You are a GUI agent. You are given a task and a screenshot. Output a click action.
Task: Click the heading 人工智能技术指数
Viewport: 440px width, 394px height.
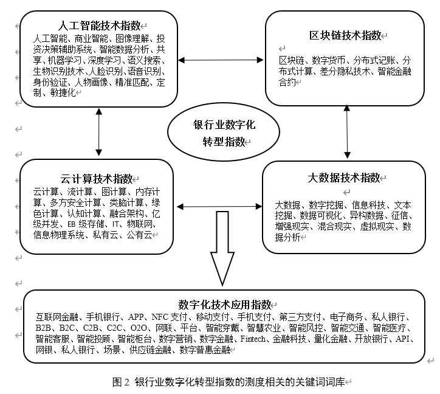[x=99, y=26]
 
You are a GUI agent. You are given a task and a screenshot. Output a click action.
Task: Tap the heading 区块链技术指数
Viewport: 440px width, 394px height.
[x=345, y=36]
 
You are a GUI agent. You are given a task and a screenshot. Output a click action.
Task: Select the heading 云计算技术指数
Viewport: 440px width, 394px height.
[x=96, y=179]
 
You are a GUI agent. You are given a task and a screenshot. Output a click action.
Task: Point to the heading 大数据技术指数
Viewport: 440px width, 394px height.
[x=344, y=178]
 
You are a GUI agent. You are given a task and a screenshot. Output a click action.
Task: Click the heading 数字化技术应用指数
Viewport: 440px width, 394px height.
[x=225, y=305]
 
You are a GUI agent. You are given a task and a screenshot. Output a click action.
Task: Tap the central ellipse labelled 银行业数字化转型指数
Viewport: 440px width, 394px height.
[x=224, y=132]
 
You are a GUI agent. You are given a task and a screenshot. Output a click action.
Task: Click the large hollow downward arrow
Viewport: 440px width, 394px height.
[x=222, y=249]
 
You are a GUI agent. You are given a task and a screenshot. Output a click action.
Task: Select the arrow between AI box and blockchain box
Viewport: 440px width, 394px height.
[x=221, y=60]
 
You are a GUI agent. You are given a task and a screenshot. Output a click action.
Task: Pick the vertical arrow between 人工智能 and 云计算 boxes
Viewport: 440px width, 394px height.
[x=99, y=132]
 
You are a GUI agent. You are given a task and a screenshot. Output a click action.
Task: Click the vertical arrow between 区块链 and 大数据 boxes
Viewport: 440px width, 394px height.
[x=347, y=131]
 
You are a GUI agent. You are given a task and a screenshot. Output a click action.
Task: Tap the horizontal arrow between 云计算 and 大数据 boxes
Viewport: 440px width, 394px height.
[x=219, y=207]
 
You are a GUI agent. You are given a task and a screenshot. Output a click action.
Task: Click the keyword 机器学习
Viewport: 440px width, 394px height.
[x=64, y=60]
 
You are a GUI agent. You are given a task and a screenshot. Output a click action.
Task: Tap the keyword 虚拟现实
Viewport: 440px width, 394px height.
[x=377, y=226]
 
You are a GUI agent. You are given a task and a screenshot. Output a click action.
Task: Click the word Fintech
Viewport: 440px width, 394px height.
[x=253, y=339]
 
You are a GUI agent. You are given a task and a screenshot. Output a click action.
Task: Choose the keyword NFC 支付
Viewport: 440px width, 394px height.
[x=169, y=317]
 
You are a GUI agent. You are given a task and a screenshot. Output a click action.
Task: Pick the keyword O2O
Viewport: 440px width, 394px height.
[x=139, y=328]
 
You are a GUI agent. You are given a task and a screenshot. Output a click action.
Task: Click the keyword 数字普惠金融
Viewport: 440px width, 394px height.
[x=205, y=350]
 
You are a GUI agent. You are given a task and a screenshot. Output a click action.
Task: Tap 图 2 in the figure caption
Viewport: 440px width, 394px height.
[x=121, y=382]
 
